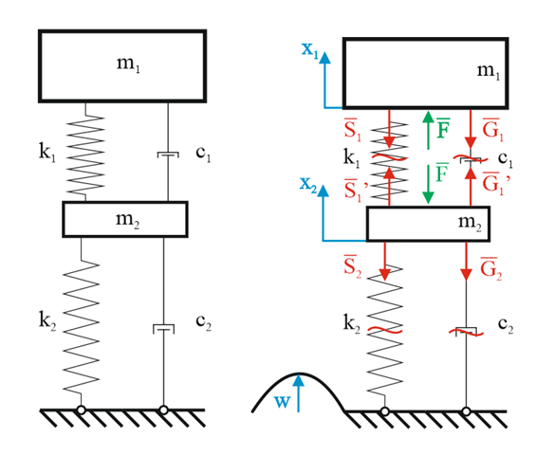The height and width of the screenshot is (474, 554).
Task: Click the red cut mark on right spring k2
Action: [385, 331]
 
